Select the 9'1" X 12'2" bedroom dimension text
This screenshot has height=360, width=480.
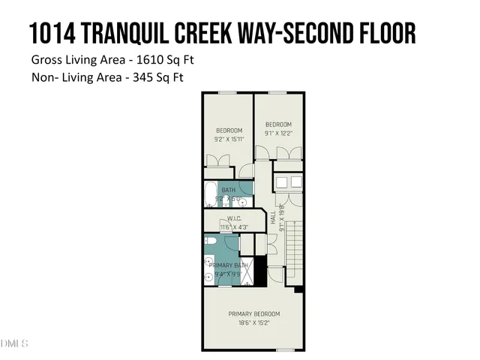[277, 133]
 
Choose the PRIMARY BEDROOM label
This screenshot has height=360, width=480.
[253, 313]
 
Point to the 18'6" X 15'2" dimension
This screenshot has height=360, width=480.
[253, 322]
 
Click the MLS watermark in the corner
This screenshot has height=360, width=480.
[14, 344]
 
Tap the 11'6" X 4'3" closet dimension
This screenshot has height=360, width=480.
[235, 227]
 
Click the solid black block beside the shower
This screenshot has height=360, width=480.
[260, 270]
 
